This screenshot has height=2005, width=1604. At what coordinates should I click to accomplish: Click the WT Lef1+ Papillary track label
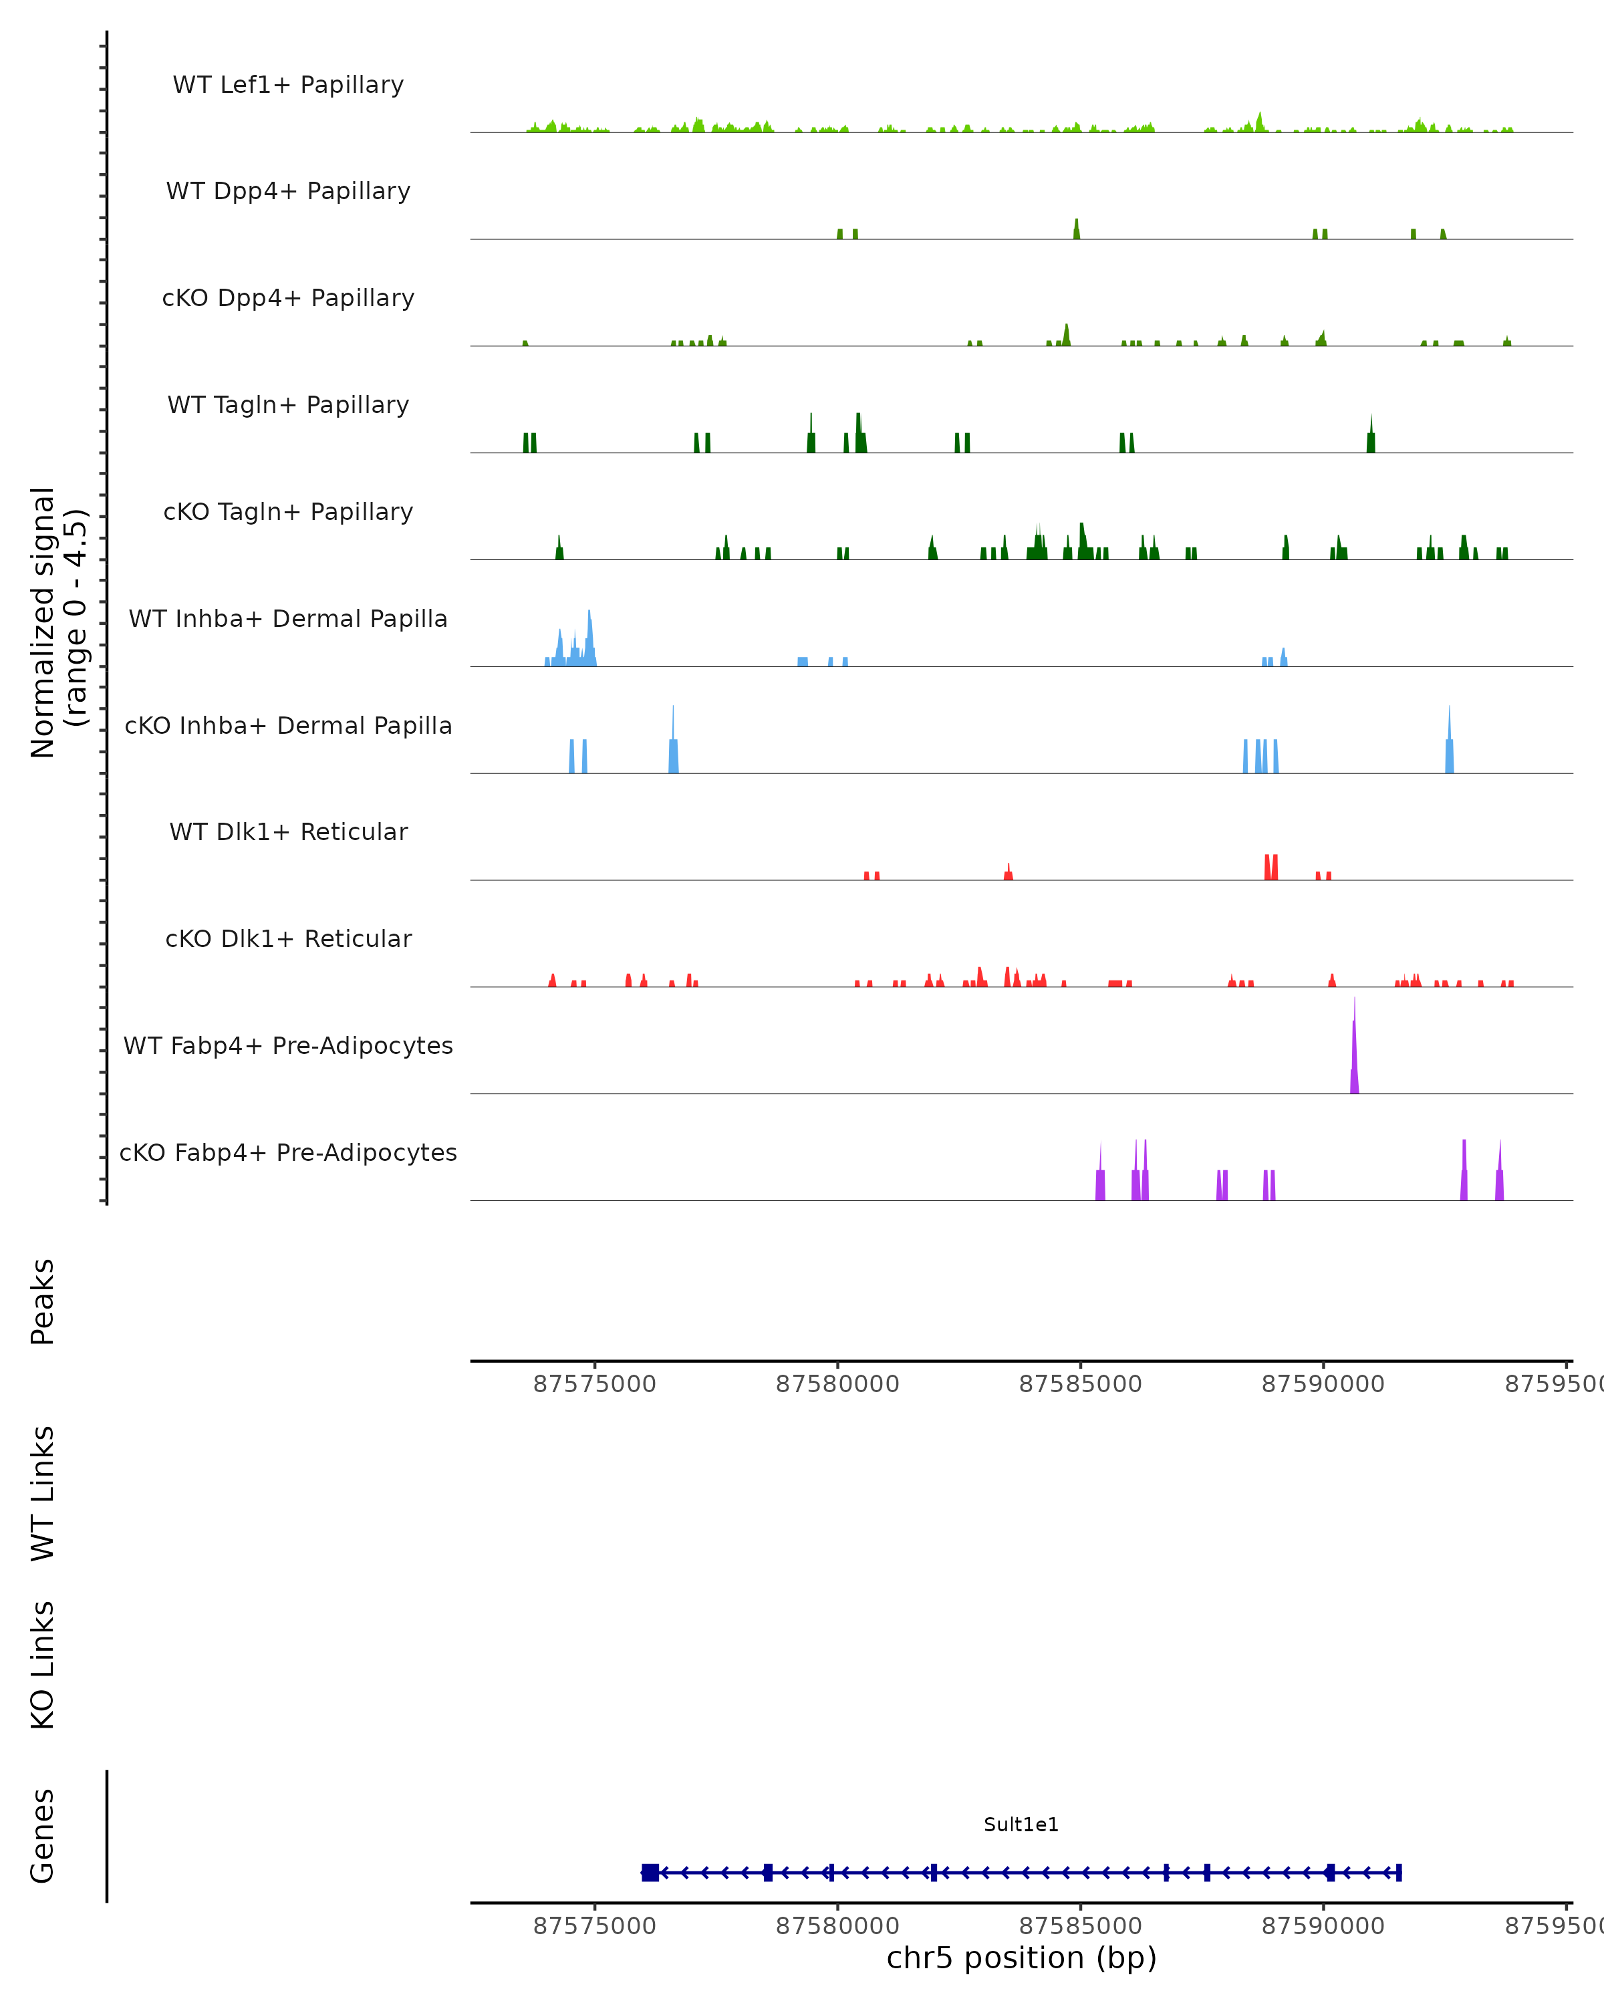pos(288,85)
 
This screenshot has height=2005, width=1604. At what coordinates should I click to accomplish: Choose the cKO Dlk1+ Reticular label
pos(288,938)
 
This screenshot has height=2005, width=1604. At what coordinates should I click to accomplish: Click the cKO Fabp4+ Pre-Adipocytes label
pos(288,1152)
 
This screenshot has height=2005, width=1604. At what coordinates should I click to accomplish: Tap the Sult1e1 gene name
pos(1021,1825)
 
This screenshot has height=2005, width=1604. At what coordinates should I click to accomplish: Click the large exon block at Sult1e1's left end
pos(650,1872)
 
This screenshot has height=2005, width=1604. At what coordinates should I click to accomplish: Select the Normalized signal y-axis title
pos(57,622)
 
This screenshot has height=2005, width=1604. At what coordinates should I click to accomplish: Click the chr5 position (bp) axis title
pos(1021,1958)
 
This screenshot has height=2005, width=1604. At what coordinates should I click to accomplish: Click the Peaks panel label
pos(43,1301)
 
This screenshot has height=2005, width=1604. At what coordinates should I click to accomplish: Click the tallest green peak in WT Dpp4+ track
pos(1077,230)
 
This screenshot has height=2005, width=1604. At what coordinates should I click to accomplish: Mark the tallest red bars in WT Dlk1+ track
pos(1271,867)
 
